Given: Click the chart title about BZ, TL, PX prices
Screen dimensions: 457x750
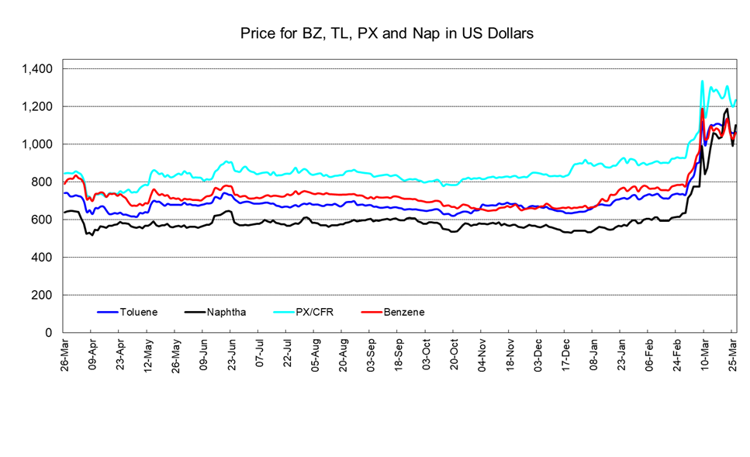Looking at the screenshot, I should pos(386,34).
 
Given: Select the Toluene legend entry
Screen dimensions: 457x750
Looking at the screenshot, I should pos(139,312).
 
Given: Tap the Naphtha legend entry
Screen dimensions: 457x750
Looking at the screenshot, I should pos(227,312).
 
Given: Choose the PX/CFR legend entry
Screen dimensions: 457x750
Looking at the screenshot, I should pos(316,312).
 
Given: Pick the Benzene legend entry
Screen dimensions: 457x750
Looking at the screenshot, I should pos(404,312).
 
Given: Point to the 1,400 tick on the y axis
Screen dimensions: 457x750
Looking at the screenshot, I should pos(37,69).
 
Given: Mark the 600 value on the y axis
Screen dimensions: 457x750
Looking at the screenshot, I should pos(42,220).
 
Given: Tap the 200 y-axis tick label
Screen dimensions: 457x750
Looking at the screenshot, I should pos(42,296).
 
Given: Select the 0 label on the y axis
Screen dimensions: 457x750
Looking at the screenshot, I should pos(49,333).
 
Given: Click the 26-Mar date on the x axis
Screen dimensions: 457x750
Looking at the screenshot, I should pos(65,355).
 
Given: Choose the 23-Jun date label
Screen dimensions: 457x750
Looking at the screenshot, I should pos(232,355).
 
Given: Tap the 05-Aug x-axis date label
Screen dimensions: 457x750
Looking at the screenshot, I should pos(316,355).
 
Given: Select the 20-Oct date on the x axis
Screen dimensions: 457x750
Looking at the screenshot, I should pos(454,355).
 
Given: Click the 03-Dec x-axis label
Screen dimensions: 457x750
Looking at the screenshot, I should pos(538,355).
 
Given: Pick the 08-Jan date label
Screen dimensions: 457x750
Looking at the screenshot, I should pos(594,355).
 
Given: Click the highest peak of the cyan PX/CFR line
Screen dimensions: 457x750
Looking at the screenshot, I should pos(702,81).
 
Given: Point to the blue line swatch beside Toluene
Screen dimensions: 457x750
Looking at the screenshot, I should pos(107,312).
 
